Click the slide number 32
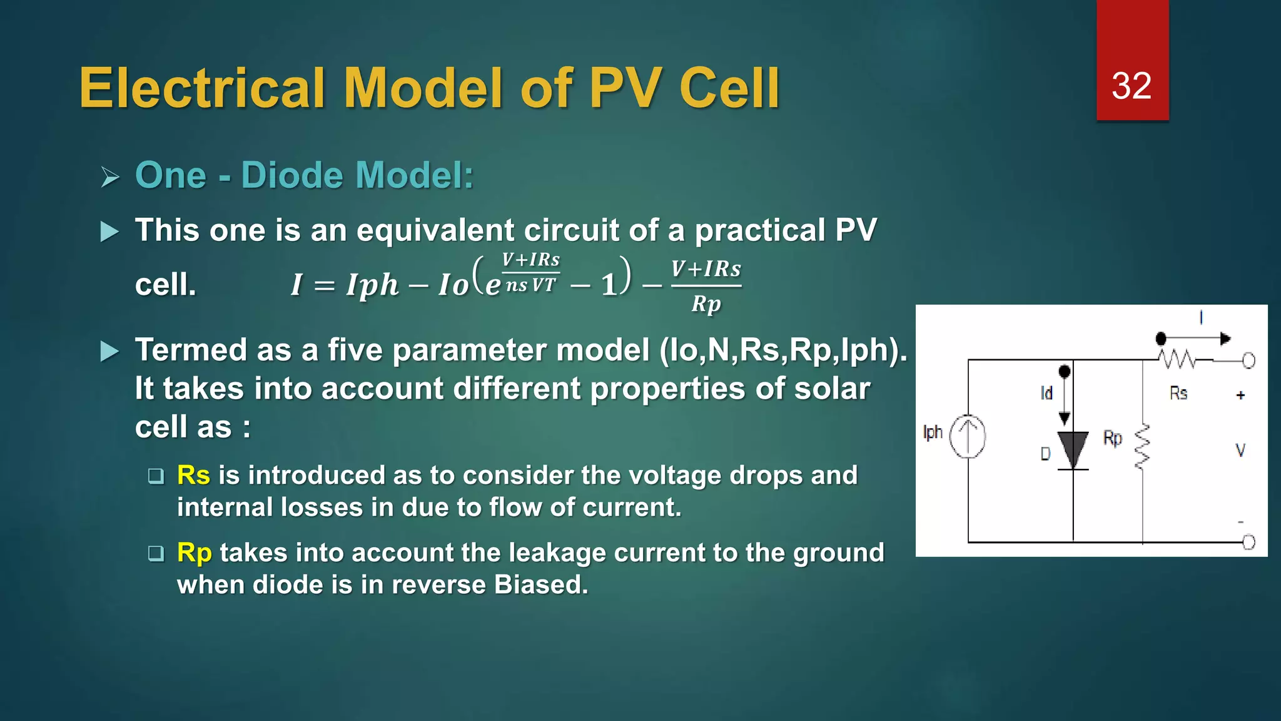pyautogui.click(x=1132, y=86)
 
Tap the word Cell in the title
pyautogui.click(x=729, y=88)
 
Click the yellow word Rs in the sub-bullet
pyautogui.click(x=193, y=475)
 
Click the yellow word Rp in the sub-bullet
pyautogui.click(x=194, y=553)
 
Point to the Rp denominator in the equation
pyautogui.click(x=706, y=304)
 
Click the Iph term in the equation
pyautogui.click(x=372, y=285)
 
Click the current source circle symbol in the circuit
pyautogui.click(x=968, y=436)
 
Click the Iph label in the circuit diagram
pyautogui.click(x=933, y=432)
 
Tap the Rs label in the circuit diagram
pyautogui.click(x=1178, y=393)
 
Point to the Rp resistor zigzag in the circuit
pyautogui.click(x=1143, y=447)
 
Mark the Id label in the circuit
pyautogui.click(x=1046, y=393)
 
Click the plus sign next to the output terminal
pyautogui.click(x=1240, y=395)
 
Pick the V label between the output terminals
pyautogui.click(x=1240, y=450)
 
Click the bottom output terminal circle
pyautogui.click(x=1248, y=542)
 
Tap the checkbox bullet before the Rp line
pyautogui.click(x=156, y=553)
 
